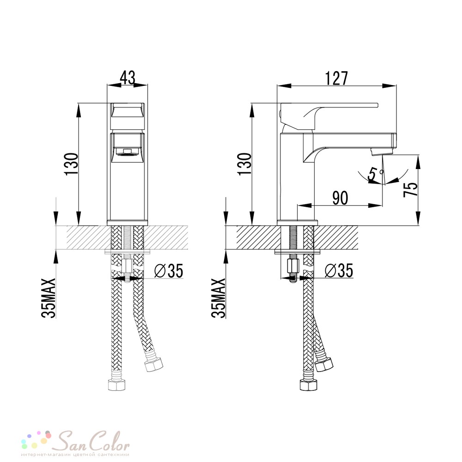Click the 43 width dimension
(x=128, y=78)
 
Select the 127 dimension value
(x=336, y=78)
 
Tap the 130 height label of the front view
(x=72, y=164)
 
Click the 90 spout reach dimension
(x=340, y=198)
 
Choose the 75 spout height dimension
(x=410, y=189)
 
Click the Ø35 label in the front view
(x=169, y=270)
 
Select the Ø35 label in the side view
(x=339, y=270)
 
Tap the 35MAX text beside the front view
(x=49, y=298)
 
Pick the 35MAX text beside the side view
(x=218, y=298)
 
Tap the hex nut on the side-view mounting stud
(x=293, y=267)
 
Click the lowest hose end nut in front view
(x=117, y=384)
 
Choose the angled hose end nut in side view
(x=323, y=365)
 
